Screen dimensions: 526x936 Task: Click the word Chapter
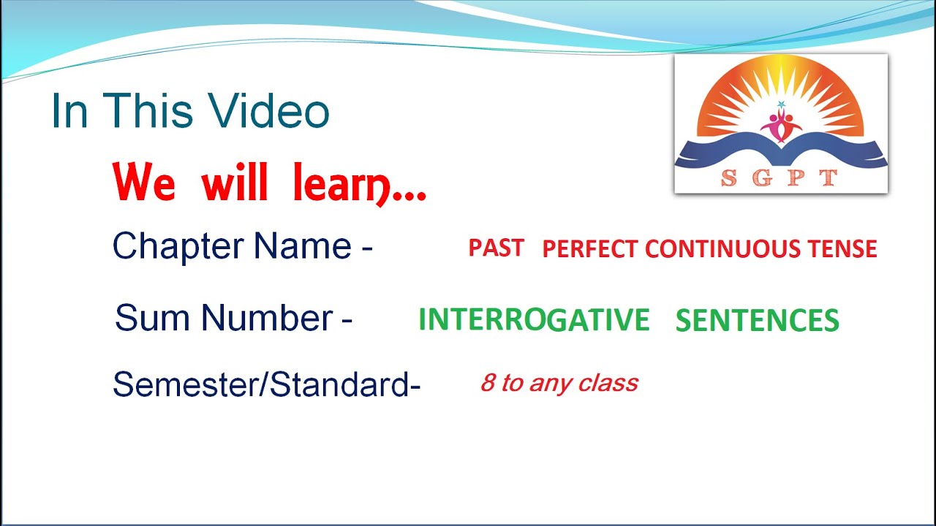click(x=178, y=246)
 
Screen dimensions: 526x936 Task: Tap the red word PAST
click(x=496, y=248)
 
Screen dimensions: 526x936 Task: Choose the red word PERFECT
click(x=589, y=249)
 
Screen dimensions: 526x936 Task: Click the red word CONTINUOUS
click(x=723, y=249)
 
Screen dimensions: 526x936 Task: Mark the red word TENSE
click(x=842, y=249)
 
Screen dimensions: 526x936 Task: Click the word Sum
click(x=153, y=319)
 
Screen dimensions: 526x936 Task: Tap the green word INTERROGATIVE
click(x=534, y=320)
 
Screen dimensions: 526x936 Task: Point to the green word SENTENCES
click(x=757, y=321)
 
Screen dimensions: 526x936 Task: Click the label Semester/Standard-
click(x=266, y=384)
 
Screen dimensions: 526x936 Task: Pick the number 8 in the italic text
click(x=487, y=383)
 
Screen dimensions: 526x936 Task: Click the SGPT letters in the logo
click(x=780, y=178)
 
